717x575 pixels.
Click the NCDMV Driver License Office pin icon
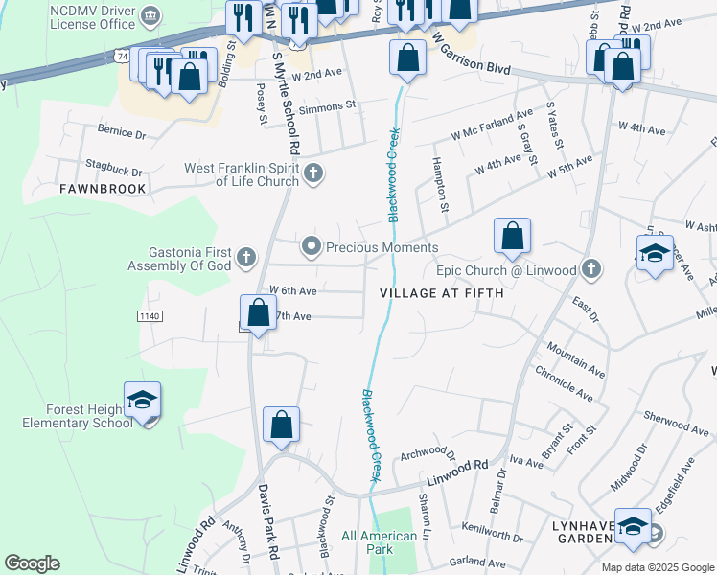(x=150, y=15)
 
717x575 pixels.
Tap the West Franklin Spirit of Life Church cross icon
(x=312, y=173)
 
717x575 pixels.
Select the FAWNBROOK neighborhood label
(x=103, y=189)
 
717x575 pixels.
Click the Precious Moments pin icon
(x=311, y=247)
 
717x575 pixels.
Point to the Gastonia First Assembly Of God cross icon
(x=246, y=257)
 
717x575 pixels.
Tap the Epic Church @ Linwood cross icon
(x=591, y=269)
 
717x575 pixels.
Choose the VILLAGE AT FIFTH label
(x=442, y=293)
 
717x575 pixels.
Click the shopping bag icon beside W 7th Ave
(x=258, y=312)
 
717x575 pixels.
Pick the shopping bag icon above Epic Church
(x=513, y=236)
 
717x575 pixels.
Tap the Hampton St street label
(x=442, y=184)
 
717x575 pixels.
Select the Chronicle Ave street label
(x=565, y=380)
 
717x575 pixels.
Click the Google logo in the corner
(x=32, y=563)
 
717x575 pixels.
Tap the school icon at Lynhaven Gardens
(x=633, y=527)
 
